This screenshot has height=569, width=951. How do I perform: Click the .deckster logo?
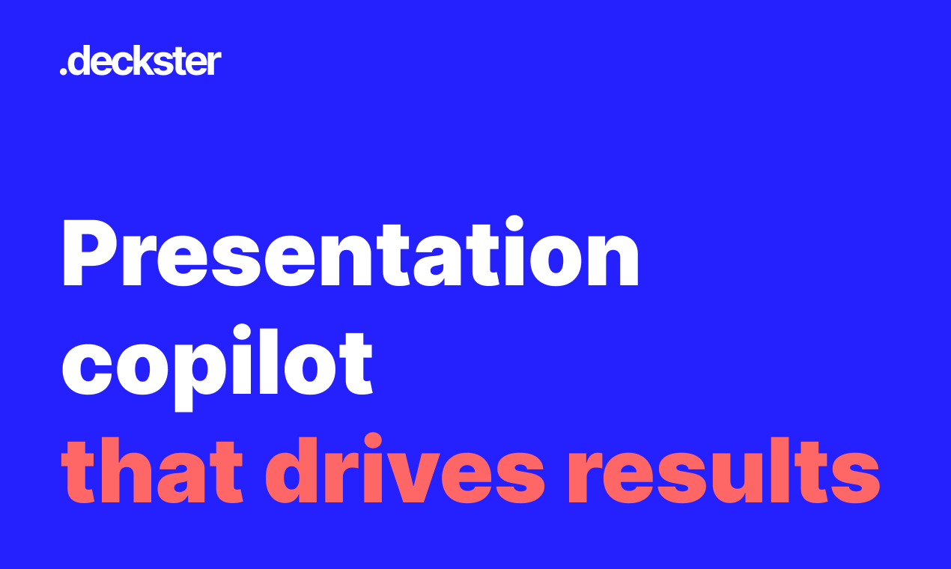coord(141,61)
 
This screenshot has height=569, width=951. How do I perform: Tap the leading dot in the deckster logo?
coord(64,72)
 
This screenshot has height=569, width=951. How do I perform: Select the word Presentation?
coord(350,252)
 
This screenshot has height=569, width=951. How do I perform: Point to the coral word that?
coord(153,470)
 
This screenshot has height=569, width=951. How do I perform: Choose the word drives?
coord(404,469)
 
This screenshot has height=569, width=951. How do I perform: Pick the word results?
coord(724,470)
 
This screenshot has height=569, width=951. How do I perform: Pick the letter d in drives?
coord(291,470)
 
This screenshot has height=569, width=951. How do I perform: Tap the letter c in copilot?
coord(87,368)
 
